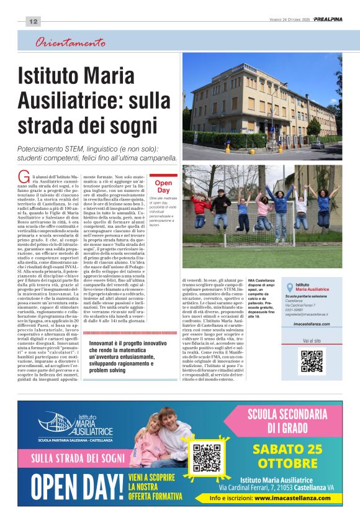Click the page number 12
click(x=34, y=22)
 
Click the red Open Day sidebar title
click(x=163, y=186)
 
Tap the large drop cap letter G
click(x=22, y=175)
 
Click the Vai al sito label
click(x=312, y=340)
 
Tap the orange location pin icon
click(x=289, y=286)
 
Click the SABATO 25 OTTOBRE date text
click(x=287, y=457)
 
